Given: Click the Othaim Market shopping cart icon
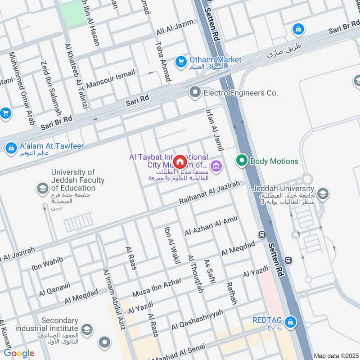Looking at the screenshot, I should tap(181, 60).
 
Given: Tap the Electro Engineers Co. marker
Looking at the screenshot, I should tap(195, 93).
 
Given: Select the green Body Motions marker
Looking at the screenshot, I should tap(242, 161).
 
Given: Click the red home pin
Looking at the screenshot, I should tap(180, 162).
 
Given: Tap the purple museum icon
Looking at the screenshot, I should tap(217, 166).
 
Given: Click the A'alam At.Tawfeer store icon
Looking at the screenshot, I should tap(10, 148).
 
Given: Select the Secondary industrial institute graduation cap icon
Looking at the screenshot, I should tap(87, 329).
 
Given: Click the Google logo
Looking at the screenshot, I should tap(19, 353).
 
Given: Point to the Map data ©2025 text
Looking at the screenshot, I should tap(335, 355).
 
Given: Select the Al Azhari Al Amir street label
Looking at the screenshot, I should tap(211, 225).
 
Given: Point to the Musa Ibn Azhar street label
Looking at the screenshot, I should tap(157, 284).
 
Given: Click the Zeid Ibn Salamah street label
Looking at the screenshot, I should tap(50, 86).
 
